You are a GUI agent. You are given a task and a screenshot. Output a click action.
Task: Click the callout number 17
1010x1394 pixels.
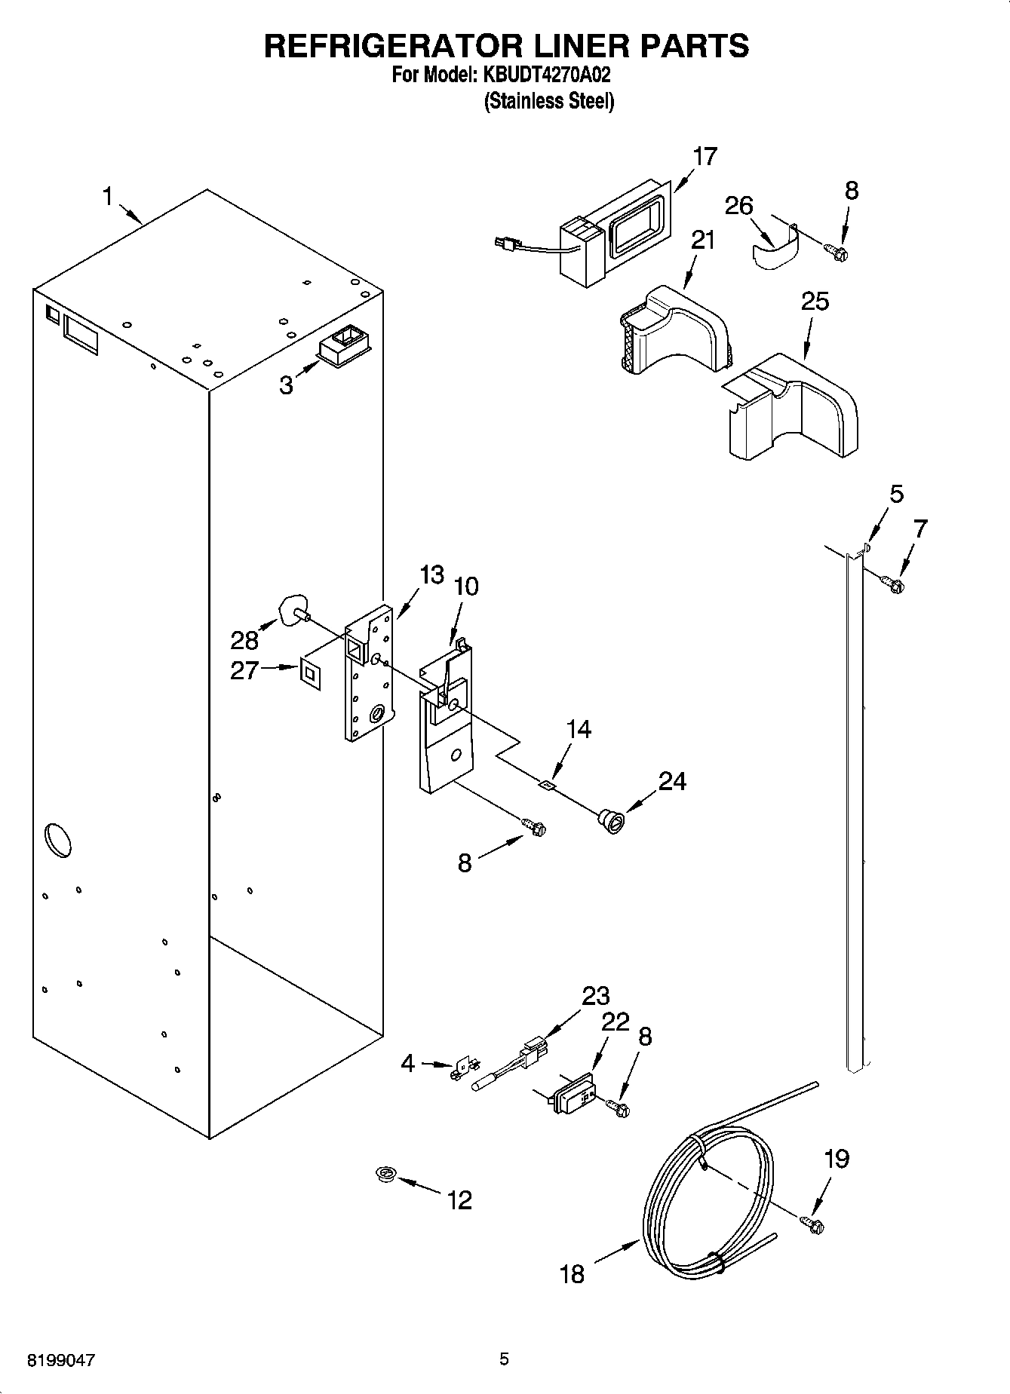coord(705,157)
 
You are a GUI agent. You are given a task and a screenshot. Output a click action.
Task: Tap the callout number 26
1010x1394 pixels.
coord(738,205)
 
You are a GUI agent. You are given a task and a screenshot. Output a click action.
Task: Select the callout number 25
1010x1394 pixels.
coord(815,301)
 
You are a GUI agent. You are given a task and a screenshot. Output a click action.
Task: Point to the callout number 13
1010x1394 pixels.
coord(431,574)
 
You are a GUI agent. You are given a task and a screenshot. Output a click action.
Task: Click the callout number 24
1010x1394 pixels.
coord(671,781)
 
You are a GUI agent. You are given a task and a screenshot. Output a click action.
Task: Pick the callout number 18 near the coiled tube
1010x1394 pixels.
coord(573,1274)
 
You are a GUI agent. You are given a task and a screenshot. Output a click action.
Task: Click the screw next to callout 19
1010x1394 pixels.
coord(812,1224)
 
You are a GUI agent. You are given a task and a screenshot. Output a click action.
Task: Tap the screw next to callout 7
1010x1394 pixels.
coord(894,584)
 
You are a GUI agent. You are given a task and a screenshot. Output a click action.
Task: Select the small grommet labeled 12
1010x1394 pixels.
coord(387,1173)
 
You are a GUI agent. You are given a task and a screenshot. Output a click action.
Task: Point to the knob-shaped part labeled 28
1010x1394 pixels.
coord(291,610)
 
